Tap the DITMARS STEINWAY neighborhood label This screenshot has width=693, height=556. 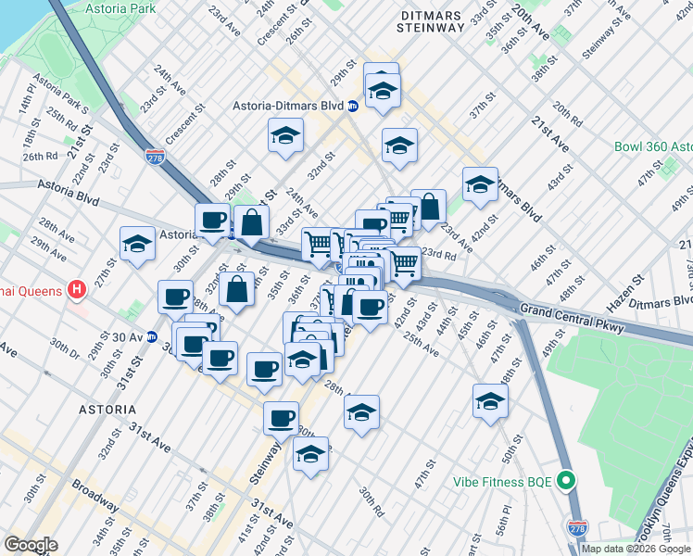pyautogui.click(x=431, y=20)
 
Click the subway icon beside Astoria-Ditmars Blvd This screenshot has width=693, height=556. pyautogui.click(x=353, y=107)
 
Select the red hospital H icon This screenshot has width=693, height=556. pyautogui.click(x=78, y=290)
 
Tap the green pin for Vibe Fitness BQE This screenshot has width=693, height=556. pyautogui.click(x=568, y=482)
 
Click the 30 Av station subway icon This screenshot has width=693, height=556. pyautogui.click(x=151, y=336)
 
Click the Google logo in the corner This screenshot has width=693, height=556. pyautogui.click(x=30, y=545)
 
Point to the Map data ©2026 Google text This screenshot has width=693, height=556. pyautogui.click(x=636, y=549)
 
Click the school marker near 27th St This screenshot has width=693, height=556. pyautogui.click(x=138, y=245)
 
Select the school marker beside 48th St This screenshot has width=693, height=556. pyautogui.click(x=491, y=400)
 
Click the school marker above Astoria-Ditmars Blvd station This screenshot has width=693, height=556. pyautogui.click(x=381, y=90)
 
